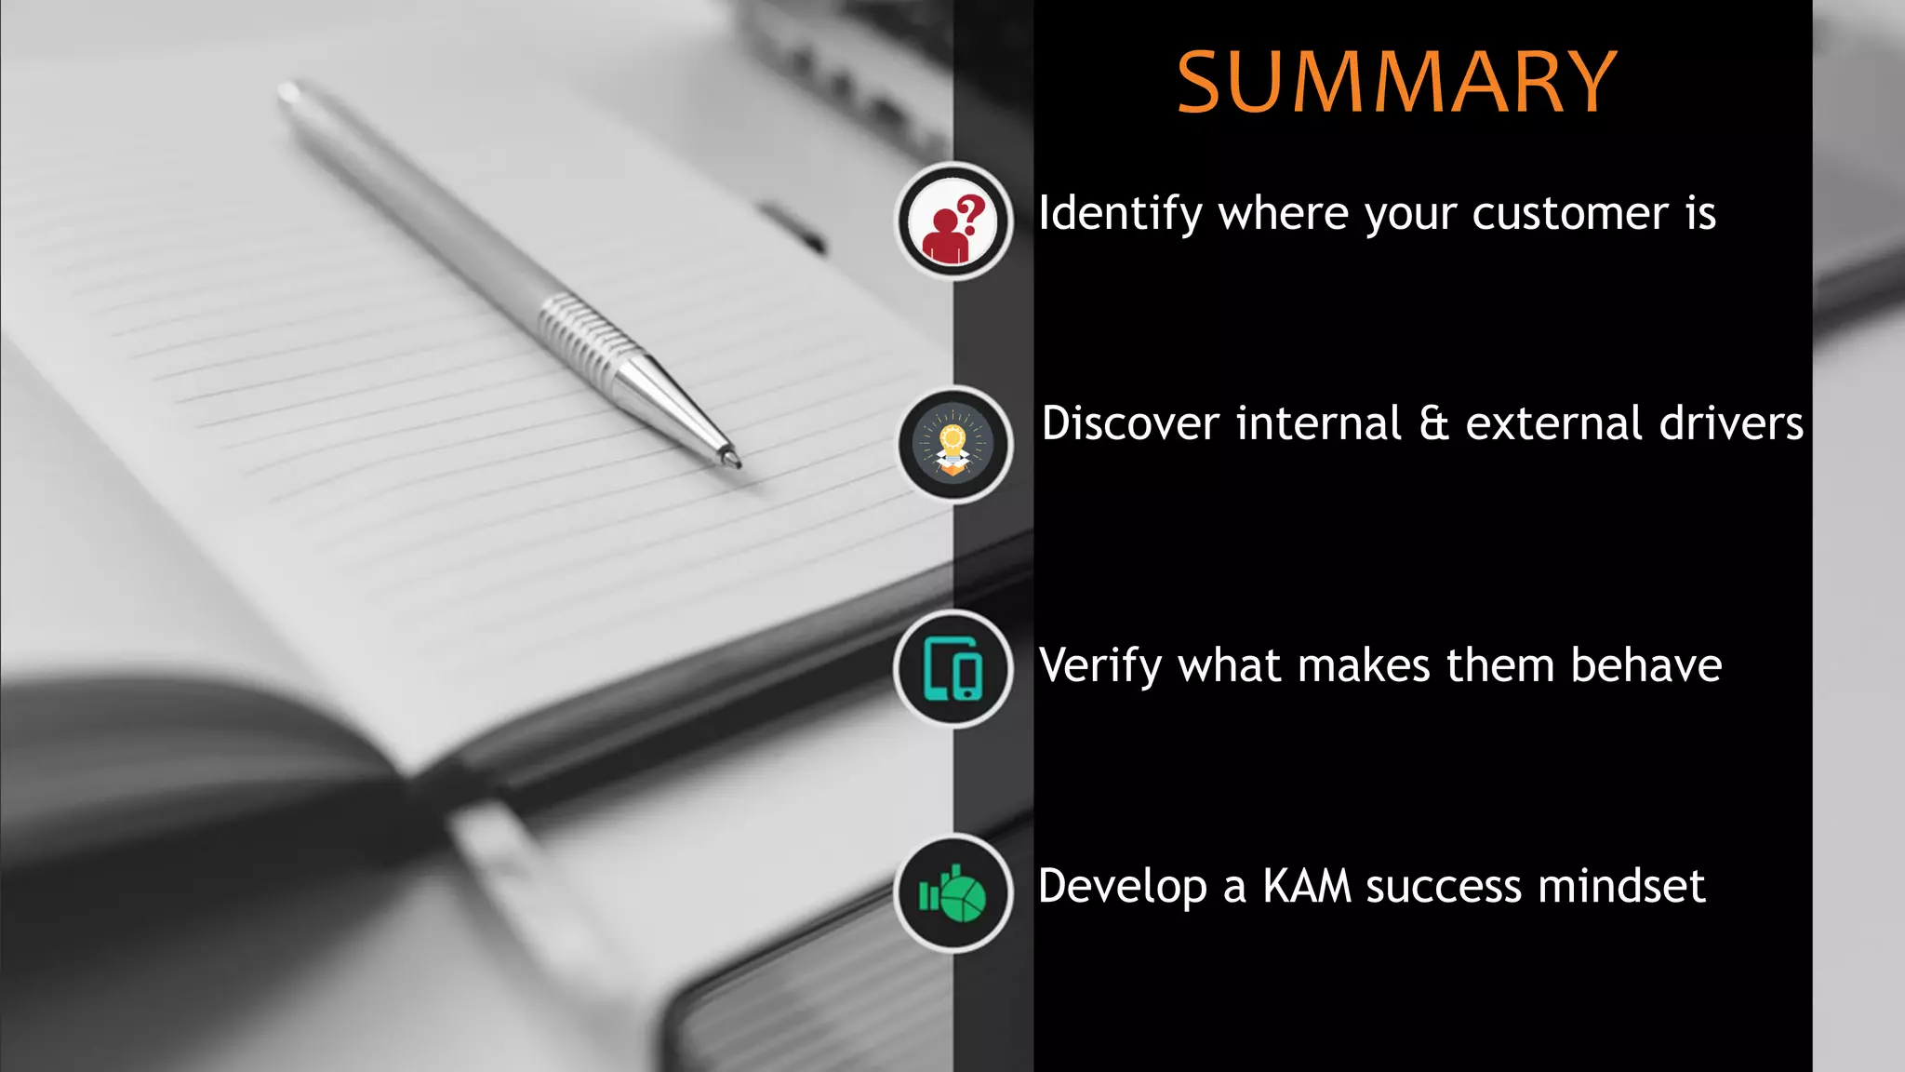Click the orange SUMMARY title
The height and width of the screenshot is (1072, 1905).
coord(1396,83)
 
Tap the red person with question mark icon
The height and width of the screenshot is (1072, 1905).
coord(953,221)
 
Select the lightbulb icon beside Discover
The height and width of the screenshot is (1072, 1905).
coord(953,445)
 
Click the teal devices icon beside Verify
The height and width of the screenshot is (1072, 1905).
coord(953,668)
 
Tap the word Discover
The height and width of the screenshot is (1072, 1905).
coord(1130,423)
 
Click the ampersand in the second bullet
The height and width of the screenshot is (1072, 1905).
coord(1434,423)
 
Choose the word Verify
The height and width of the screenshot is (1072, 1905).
coord(1100,666)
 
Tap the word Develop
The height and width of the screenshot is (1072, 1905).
coord(1122,886)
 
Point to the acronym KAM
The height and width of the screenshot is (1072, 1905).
coord(1306,886)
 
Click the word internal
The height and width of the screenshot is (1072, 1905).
coord(1318,423)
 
